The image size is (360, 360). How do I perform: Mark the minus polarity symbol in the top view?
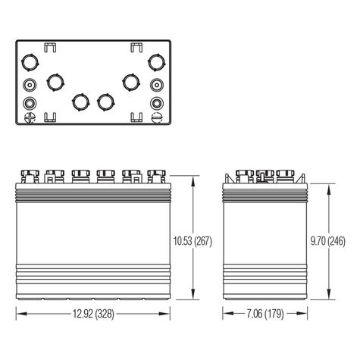156,117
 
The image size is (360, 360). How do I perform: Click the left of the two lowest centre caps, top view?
80,100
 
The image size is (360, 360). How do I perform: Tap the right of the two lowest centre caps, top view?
106,100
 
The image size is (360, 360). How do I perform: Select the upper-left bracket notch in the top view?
50,49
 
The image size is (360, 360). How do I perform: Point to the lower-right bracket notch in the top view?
138,116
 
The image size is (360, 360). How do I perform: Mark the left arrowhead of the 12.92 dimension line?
20,312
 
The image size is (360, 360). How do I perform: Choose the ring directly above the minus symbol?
156,103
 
